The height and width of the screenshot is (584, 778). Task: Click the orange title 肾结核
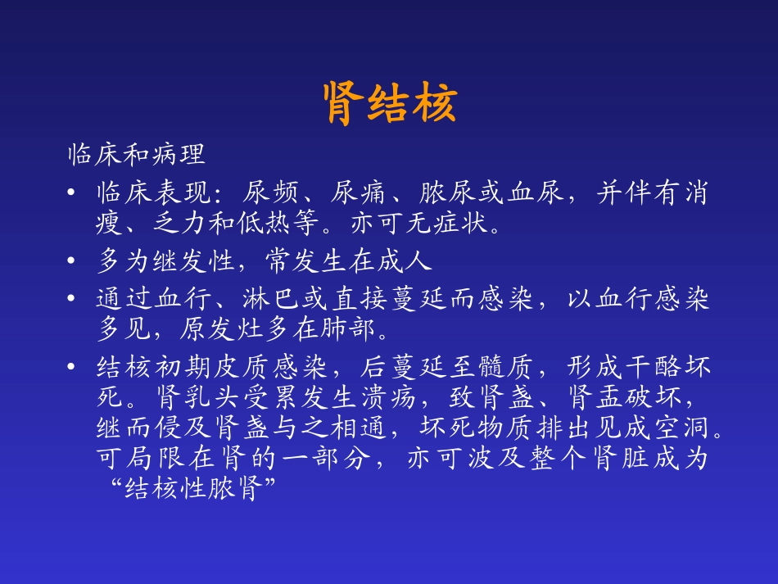389,103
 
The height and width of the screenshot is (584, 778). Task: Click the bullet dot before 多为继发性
75,262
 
